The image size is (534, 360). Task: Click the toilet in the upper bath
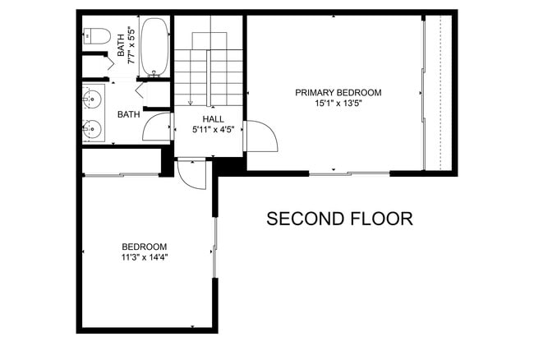pos(96,36)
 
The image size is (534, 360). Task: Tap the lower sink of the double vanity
pos(93,128)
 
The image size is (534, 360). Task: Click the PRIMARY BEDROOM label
pos(338,93)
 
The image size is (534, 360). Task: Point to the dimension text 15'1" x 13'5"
pos(338,104)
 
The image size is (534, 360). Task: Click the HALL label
pos(202,118)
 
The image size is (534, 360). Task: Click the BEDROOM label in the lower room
pos(145,247)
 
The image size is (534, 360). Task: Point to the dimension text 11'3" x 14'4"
pos(145,257)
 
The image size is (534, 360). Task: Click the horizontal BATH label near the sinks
pos(128,114)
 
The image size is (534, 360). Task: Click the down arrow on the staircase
pos(190,102)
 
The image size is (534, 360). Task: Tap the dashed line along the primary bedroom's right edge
pos(440,90)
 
